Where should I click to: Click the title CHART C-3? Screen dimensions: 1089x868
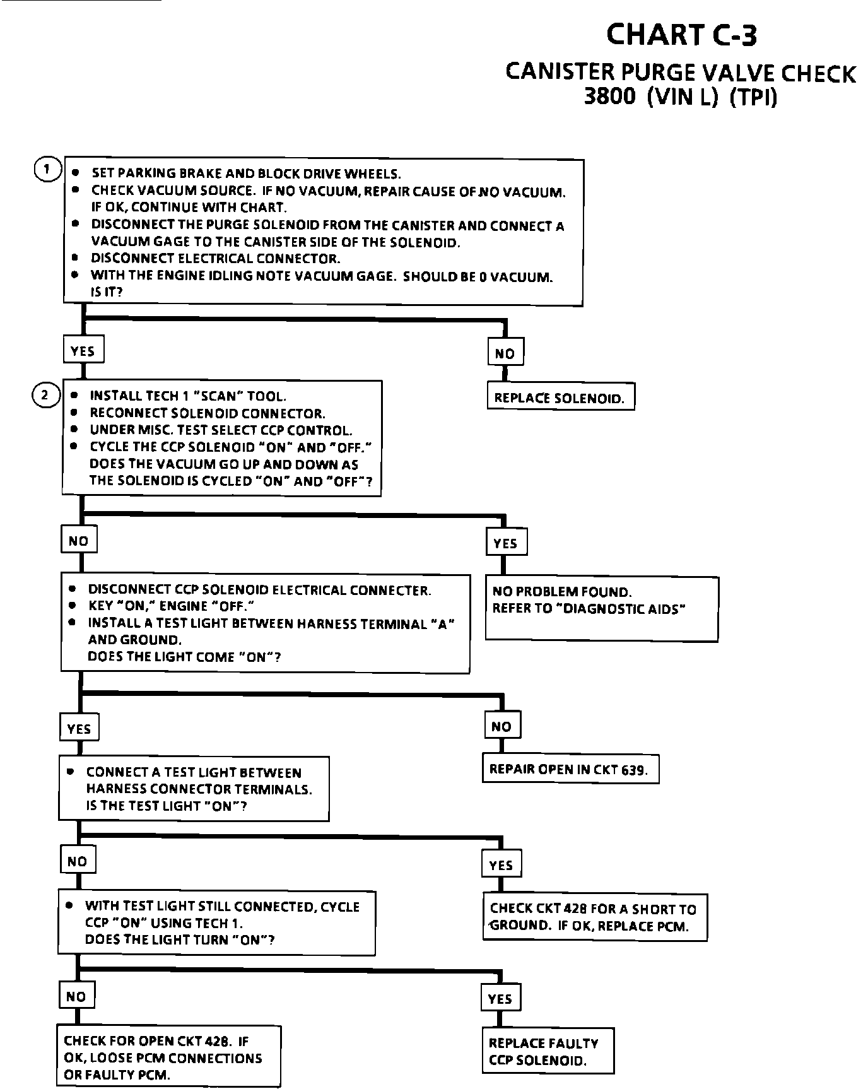point(681,35)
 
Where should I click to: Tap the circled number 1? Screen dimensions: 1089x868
point(47,170)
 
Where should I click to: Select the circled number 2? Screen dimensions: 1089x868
point(44,396)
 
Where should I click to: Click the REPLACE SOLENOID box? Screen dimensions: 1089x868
point(560,397)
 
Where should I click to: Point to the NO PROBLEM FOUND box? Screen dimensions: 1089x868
point(601,608)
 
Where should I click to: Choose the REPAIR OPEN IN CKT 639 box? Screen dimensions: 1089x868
point(570,769)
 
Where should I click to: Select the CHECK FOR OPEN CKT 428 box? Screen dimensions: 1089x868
point(168,1057)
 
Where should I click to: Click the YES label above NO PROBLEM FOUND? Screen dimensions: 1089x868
point(506,543)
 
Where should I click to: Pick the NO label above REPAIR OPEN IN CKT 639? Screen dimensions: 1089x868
point(501,726)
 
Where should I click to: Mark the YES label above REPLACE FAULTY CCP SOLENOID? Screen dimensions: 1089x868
point(500,999)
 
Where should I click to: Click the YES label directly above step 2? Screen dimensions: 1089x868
point(83,350)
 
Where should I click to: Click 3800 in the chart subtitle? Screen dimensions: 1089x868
point(610,98)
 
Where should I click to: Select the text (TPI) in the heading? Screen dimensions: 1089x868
point(753,98)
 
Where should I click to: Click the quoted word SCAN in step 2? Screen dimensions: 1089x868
point(218,396)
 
